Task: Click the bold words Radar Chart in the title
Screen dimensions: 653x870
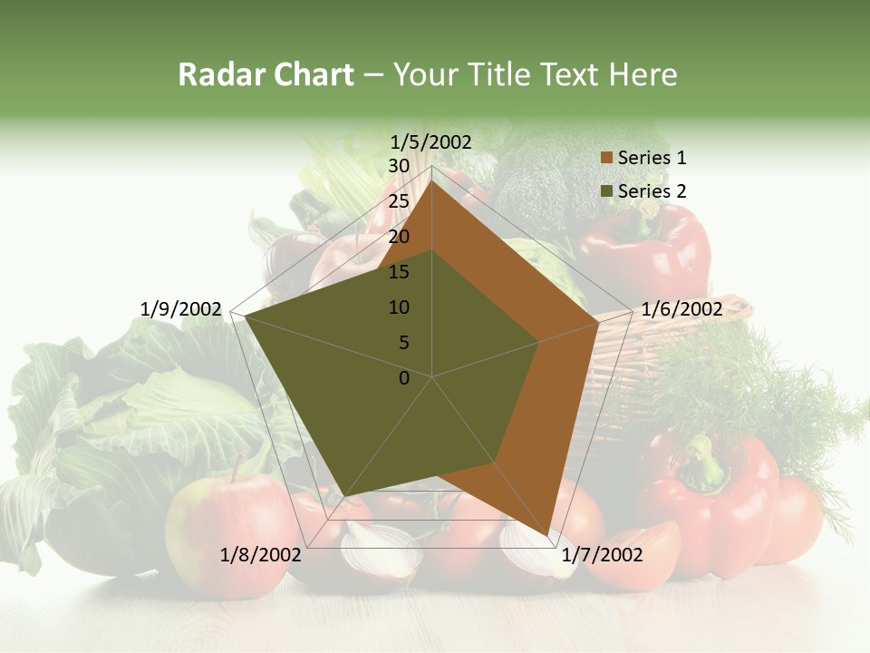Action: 265,74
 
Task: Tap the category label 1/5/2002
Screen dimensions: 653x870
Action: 431,141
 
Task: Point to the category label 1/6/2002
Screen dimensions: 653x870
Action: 681,309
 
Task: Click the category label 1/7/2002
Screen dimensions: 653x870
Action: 602,555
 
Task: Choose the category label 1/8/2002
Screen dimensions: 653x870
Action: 261,555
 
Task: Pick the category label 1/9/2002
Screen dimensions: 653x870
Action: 181,309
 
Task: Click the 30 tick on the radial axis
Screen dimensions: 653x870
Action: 399,166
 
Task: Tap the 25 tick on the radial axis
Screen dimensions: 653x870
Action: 399,201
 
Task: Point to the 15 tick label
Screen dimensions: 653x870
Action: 399,272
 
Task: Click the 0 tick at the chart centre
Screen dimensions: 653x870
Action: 404,378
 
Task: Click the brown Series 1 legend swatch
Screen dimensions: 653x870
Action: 607,158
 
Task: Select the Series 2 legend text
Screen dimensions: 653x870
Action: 652,191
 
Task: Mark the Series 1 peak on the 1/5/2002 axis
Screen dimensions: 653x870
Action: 432,180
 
